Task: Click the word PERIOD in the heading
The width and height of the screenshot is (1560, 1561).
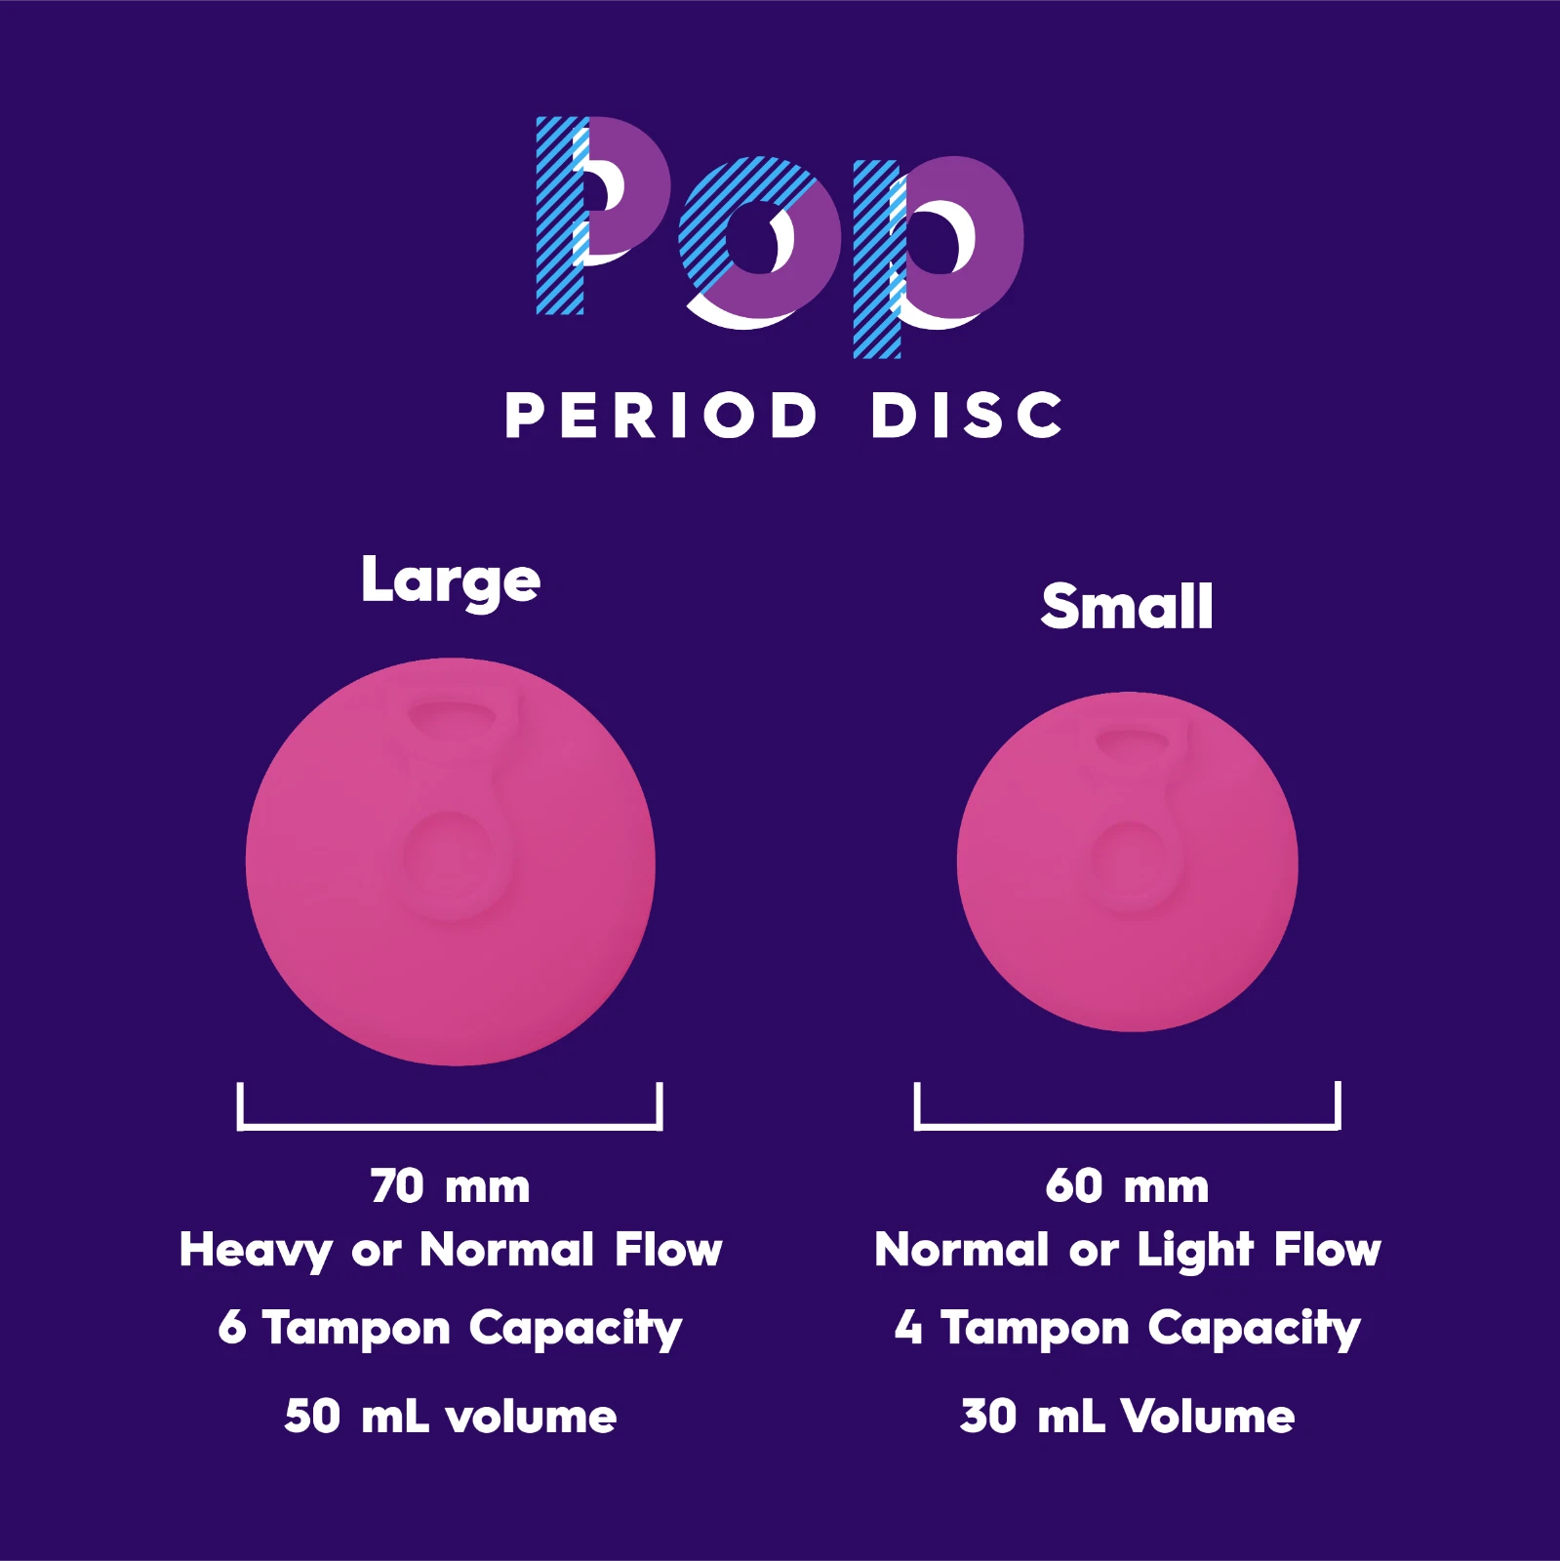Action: (660, 416)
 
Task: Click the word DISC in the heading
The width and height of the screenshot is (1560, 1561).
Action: (966, 416)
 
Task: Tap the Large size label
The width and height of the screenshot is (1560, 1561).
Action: (450, 581)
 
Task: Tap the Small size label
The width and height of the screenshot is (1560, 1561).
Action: (1127, 606)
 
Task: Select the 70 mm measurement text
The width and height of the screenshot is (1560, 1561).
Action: (450, 1186)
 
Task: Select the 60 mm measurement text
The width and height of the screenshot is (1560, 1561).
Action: (1127, 1186)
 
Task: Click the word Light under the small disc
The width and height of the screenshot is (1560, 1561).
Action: (1195, 1251)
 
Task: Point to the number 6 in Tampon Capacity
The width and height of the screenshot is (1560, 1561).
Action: (232, 1327)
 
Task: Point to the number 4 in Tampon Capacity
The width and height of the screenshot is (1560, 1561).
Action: (908, 1327)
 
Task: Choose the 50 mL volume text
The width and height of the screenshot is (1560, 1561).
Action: (450, 1417)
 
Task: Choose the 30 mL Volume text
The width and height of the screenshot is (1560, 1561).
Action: (1127, 1417)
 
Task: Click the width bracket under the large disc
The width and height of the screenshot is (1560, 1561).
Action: (450, 1127)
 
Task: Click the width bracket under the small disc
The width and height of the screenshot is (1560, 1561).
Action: (1127, 1127)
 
